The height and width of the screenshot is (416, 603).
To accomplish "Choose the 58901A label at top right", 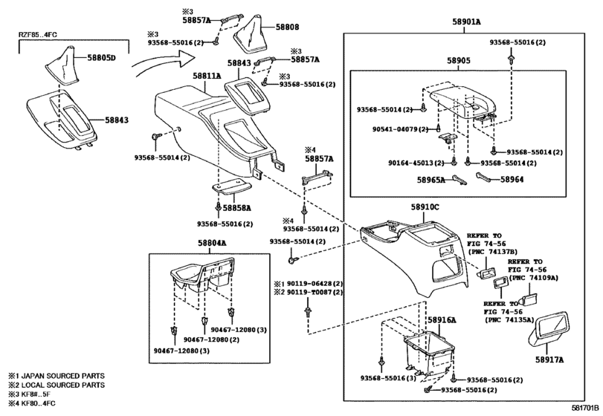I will (x=466, y=23).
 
